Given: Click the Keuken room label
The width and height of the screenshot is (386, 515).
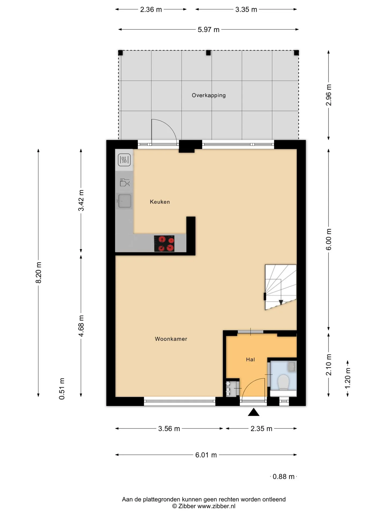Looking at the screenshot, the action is (160, 202).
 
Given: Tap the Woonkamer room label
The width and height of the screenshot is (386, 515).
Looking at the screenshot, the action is (171, 339).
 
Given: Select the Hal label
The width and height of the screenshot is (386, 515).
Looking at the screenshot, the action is (250, 359).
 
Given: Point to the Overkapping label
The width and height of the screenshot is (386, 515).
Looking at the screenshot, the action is (209, 95).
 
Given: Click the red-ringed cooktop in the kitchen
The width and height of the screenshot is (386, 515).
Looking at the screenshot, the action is (164, 244).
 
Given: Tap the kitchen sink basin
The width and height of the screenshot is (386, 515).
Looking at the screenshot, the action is (125, 201).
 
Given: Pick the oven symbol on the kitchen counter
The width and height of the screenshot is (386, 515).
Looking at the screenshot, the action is (124, 160).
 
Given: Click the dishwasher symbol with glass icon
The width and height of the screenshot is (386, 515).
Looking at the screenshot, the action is (125, 182).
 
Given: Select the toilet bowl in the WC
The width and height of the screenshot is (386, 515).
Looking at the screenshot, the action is (283, 382).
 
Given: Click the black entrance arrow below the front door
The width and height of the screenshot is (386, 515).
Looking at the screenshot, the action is (254, 412).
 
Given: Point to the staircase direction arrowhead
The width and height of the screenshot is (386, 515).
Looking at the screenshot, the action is (281, 302).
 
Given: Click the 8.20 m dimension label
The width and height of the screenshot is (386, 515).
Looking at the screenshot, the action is (39, 273).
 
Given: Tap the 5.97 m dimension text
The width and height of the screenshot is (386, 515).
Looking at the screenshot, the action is (209, 30).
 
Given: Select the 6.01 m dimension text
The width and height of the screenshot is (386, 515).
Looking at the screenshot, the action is (206, 455).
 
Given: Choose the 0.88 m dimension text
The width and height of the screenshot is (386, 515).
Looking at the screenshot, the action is (283, 477).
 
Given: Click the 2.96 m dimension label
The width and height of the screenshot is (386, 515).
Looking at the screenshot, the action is (329, 95).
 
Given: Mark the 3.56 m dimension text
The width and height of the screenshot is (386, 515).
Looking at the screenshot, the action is (169, 429).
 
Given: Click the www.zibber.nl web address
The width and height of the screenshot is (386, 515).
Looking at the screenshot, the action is (217, 506).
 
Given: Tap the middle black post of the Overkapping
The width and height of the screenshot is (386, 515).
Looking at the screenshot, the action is (208, 53).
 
